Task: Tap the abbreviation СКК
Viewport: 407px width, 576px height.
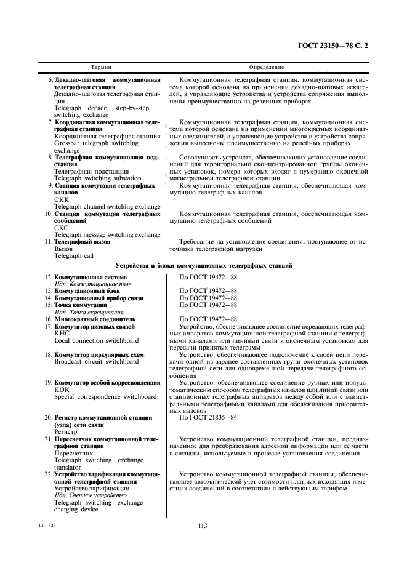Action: tap(62, 199)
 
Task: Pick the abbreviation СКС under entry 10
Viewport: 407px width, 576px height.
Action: tap(62, 228)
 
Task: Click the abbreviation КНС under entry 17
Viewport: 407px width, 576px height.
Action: tap(62, 333)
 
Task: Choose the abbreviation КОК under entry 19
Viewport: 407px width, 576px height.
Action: tap(62, 391)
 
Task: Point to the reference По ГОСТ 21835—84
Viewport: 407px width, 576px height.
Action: tap(208, 417)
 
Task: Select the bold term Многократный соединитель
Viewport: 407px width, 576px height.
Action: tap(94, 319)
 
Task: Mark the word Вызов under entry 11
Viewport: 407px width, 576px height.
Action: tap(63, 249)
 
